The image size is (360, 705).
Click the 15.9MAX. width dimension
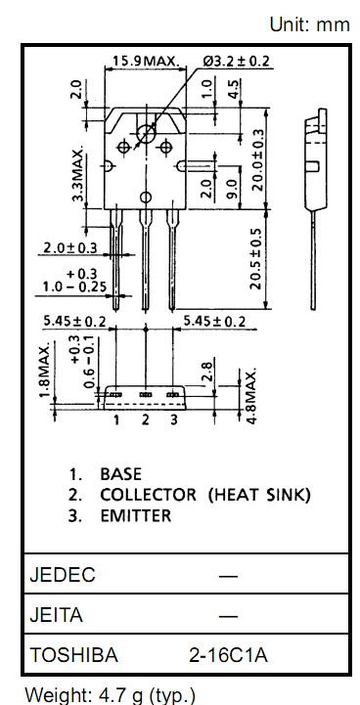[x=146, y=61]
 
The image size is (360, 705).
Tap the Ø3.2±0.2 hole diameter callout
[x=237, y=61]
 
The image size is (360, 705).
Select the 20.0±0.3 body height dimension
[x=258, y=160]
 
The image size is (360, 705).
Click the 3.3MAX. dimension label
[x=78, y=173]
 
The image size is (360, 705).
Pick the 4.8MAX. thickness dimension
[x=252, y=396]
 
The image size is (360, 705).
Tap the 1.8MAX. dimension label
[x=44, y=372]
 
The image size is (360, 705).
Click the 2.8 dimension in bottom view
[x=208, y=372]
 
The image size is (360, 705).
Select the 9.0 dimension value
[x=232, y=189]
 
